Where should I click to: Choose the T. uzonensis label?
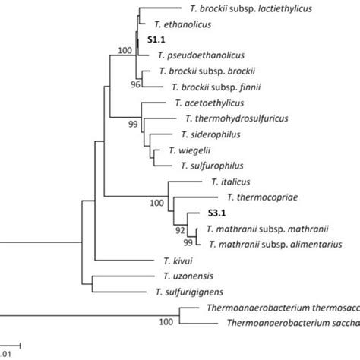(185, 275)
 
